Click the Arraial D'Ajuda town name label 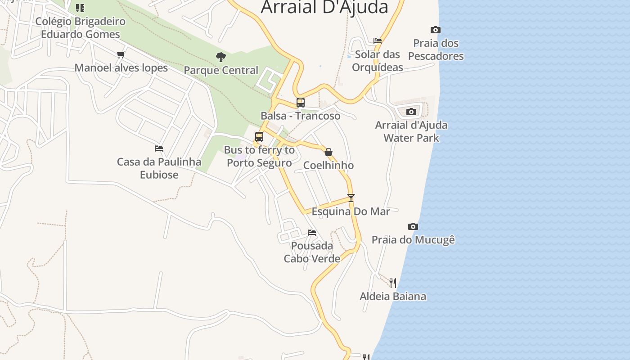[324, 7]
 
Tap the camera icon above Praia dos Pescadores [435, 30]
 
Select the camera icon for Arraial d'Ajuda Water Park [411, 112]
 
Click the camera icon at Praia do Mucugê [413, 226]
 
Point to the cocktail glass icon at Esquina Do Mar [351, 198]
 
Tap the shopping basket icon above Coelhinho [328, 152]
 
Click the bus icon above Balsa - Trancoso [300, 103]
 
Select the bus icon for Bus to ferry [259, 137]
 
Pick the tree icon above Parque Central [220, 57]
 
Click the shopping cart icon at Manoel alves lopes [121, 55]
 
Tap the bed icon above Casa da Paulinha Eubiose [159, 148]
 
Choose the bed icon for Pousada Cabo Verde [312, 233]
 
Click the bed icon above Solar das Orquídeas [378, 41]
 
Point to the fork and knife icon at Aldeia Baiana [393, 283]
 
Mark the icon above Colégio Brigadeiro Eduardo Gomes [80, 8]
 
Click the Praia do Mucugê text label [413, 240]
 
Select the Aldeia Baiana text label [393, 297]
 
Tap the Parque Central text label [221, 71]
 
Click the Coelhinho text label [328, 166]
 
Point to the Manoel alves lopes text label [121, 68]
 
